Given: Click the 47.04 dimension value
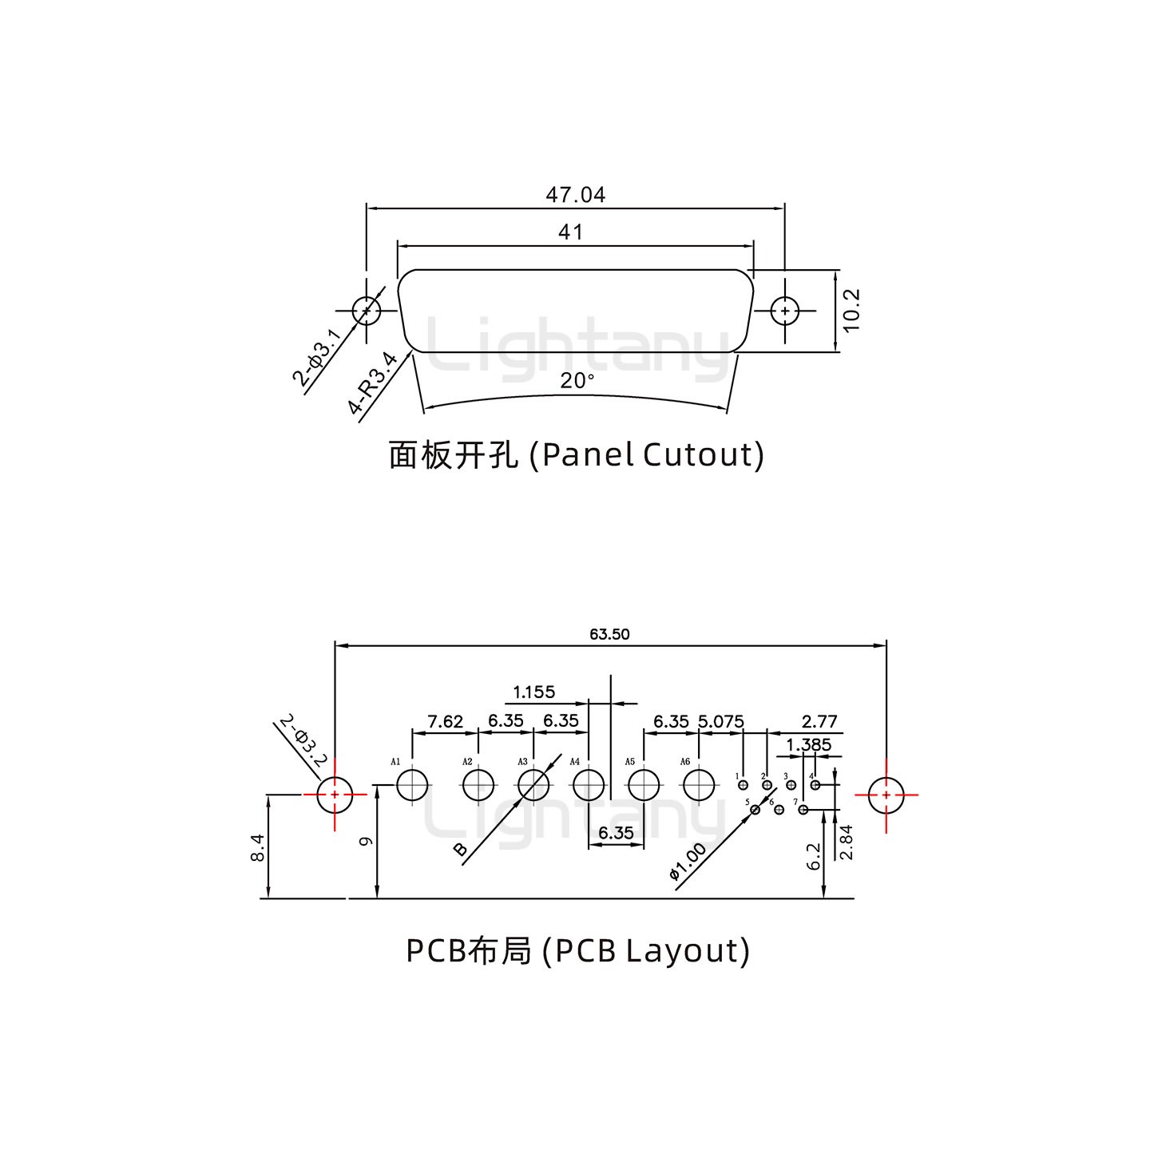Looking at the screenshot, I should tap(575, 194).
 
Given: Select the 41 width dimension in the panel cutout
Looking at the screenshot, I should tap(570, 232).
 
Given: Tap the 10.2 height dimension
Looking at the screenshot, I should tap(851, 310).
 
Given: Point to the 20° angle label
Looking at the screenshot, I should tap(577, 381).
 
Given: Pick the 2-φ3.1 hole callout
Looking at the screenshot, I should tap(316, 354).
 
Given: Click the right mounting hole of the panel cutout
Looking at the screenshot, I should tap(786, 311).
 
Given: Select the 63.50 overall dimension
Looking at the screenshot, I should tap(609, 634).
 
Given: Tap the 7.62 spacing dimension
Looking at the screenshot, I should tap(445, 721).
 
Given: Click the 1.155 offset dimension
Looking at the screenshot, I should tap(533, 692).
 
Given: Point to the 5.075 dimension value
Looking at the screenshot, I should tap(720, 721).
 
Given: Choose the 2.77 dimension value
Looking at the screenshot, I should tap(819, 721).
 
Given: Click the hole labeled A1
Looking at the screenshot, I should tap(413, 785).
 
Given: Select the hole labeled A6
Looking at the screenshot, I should tap(699, 785).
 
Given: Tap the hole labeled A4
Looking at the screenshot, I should tap(589, 785).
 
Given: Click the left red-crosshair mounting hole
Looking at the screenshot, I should tap(334, 795).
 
